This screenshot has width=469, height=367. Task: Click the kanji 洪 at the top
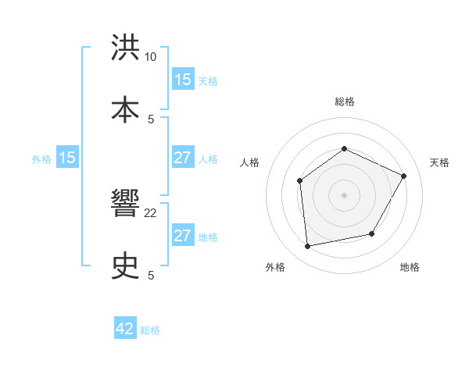pyautogui.click(x=126, y=48)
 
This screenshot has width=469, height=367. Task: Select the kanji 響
pyautogui.click(x=126, y=206)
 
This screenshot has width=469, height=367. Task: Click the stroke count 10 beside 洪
pyautogui.click(x=151, y=57)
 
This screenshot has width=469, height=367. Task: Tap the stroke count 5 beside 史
pyautogui.click(x=151, y=275)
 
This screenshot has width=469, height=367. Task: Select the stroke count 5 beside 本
pyautogui.click(x=151, y=119)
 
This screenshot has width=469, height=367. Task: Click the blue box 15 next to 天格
pyautogui.click(x=182, y=80)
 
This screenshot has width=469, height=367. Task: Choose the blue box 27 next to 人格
pyautogui.click(x=182, y=158)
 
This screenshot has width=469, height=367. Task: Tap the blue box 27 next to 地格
pyautogui.click(x=182, y=236)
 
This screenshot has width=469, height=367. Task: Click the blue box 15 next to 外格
pyautogui.click(x=67, y=158)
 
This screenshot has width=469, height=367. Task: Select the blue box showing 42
pyautogui.click(x=125, y=329)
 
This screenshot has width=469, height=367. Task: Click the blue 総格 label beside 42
pyautogui.click(x=150, y=330)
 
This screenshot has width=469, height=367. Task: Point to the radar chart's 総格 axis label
pyautogui.click(x=344, y=102)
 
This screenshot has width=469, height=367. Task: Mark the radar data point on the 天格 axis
pyautogui.click(x=404, y=176)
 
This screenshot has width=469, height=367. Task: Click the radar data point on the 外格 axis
pyautogui.click(x=308, y=247)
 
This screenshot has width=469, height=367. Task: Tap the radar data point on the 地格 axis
pyautogui.click(x=372, y=233)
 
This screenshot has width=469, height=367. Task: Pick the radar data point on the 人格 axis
pyautogui.click(x=300, y=181)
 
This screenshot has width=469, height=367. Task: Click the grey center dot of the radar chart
pyautogui.click(x=344, y=195)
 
